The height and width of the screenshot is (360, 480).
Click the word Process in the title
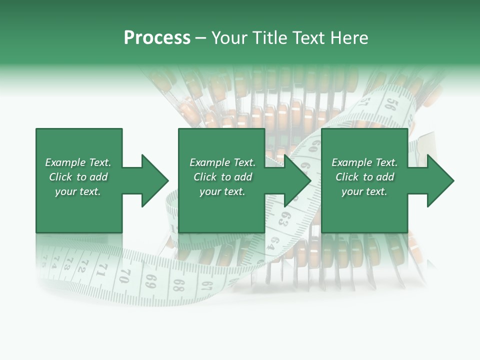tap(157, 38)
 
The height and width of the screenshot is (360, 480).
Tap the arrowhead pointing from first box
tap(155, 180)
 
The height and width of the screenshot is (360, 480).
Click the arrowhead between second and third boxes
tap(298, 180)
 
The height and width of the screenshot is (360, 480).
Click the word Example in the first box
tap(65, 162)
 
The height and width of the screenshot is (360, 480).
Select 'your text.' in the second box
tap(222, 191)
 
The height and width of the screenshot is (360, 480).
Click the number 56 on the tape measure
tap(391, 104)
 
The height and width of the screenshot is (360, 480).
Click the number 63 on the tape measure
tap(283, 218)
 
